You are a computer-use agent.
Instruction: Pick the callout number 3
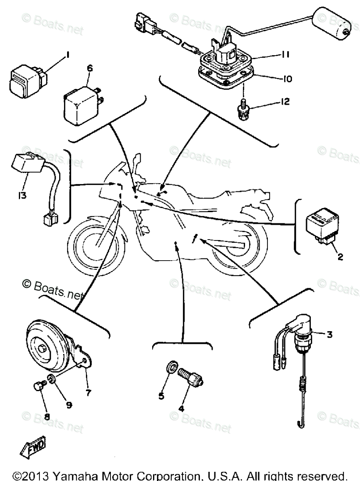click(x=329, y=334)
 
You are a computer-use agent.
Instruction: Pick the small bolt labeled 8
click(x=38, y=386)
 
